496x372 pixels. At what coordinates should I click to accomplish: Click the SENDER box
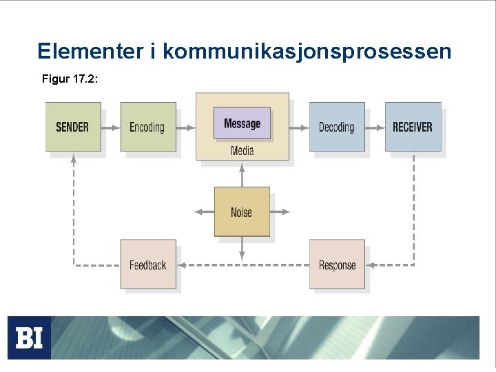coord(73,127)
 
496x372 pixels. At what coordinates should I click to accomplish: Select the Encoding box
coord(147,127)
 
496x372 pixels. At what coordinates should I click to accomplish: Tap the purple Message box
coord(242,124)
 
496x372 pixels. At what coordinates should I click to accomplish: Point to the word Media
coord(242,151)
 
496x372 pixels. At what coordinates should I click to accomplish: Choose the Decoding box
coord(336,127)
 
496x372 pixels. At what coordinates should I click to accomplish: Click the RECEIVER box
coord(413,127)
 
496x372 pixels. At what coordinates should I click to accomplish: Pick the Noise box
coord(241,212)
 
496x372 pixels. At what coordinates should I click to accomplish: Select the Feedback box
coord(148,265)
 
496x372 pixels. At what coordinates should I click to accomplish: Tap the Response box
coord(337,265)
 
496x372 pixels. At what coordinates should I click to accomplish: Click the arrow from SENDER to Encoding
coord(110,127)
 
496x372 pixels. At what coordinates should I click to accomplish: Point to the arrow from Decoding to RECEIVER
coord(375,127)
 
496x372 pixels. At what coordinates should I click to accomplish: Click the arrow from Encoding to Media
coord(185,127)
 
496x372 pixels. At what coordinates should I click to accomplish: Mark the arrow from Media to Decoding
coord(299,127)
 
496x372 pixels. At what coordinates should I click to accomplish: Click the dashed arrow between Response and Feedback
coord(242,265)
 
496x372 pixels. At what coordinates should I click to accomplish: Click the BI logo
coord(29,338)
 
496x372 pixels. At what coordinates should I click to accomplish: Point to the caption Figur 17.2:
coord(70,80)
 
